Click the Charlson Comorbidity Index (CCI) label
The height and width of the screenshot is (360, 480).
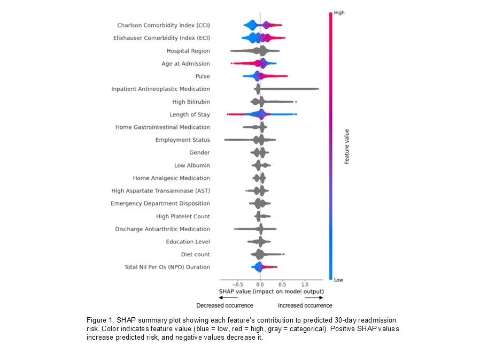[164, 25]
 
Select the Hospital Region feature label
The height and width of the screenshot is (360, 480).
[188, 51]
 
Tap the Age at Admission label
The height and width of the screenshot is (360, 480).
[185, 64]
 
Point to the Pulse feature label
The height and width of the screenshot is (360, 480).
[203, 76]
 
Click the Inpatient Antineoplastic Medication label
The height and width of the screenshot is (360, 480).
[160, 89]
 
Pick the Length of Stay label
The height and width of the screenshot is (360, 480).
[190, 114]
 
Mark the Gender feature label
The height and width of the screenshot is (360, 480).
[199, 152]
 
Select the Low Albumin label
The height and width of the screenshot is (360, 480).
[192, 165]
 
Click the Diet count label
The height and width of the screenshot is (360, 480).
[195, 254]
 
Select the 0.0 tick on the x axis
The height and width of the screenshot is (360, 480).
[260, 285]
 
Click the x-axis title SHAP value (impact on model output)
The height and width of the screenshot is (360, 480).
[271, 292]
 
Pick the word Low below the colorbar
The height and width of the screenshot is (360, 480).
[338, 280]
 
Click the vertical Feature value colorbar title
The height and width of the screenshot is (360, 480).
[347, 145]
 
